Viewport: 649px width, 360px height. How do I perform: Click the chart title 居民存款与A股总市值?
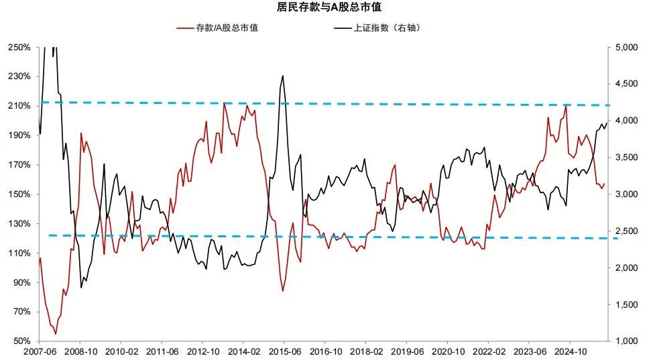324,8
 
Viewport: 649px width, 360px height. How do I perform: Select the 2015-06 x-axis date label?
284,351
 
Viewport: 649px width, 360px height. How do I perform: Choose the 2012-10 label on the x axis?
202,351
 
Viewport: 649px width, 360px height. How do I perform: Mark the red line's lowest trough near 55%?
55,334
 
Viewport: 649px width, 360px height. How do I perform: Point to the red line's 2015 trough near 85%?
283,290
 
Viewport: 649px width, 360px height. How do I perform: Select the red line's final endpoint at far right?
605,183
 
